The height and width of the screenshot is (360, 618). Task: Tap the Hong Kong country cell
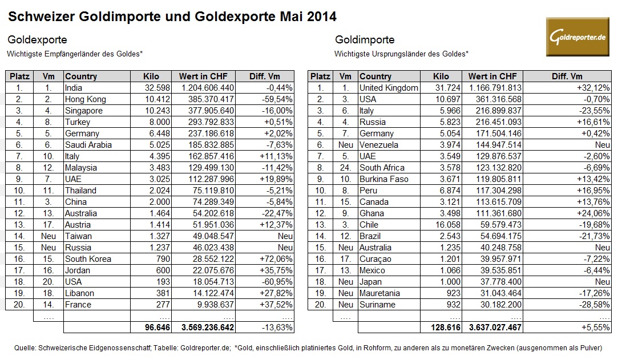pyautogui.click(x=86, y=99)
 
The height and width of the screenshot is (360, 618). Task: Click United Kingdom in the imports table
pyautogui.click(x=389, y=88)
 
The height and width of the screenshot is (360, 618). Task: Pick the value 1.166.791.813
pyautogui.click(x=491, y=88)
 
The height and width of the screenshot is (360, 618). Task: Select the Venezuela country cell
pyautogui.click(x=379, y=145)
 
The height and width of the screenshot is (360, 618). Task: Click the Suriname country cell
pyautogui.click(x=377, y=305)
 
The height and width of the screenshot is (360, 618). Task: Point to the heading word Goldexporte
pyautogui.click(x=37, y=40)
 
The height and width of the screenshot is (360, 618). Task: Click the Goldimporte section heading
pyautogui.click(x=365, y=40)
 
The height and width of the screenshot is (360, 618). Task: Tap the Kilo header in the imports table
pyautogui.click(x=441, y=76)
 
